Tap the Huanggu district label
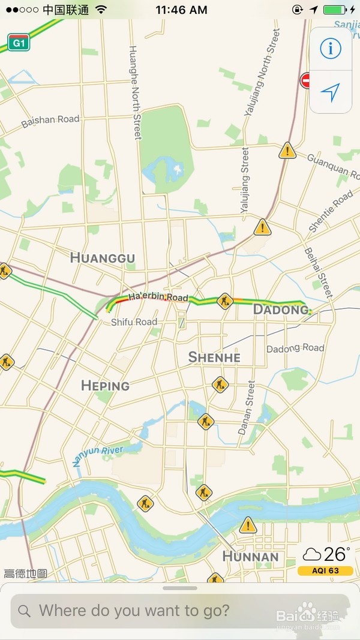click(103, 258)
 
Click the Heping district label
click(105, 385)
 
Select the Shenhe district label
click(214, 357)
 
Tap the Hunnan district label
click(250, 557)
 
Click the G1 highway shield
click(18, 43)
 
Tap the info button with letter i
click(330, 48)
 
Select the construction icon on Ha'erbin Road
click(225, 300)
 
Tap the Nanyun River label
click(98, 455)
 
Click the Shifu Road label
click(134, 322)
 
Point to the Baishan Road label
click(50, 121)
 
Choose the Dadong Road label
click(295, 348)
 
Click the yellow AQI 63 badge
click(325, 570)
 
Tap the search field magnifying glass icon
click(25, 611)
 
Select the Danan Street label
click(247, 408)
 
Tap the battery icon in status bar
click(334, 10)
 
